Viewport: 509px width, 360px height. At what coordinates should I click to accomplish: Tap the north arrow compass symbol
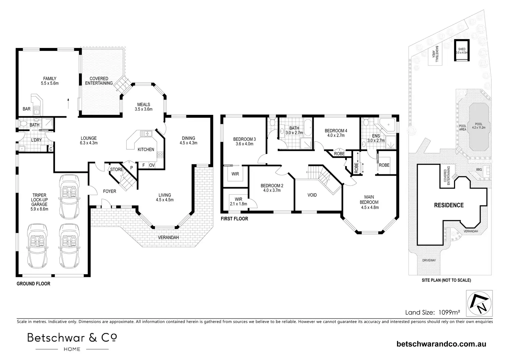click(479, 303)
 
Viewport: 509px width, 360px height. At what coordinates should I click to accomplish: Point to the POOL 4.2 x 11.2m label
click(479, 126)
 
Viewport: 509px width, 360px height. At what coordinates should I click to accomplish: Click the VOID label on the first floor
click(312, 195)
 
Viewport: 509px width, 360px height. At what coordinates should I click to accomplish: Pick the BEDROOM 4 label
click(336, 133)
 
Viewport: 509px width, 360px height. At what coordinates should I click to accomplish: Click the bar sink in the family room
click(36, 110)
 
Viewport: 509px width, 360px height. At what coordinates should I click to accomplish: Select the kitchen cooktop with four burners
click(160, 155)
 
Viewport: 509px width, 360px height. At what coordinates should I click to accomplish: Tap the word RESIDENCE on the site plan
click(449, 205)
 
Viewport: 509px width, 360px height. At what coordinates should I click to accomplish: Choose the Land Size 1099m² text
click(433, 312)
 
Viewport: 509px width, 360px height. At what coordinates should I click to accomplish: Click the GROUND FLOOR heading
click(34, 284)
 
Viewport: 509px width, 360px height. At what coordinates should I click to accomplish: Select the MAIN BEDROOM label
click(370, 202)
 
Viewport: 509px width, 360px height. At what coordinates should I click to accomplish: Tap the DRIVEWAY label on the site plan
click(429, 260)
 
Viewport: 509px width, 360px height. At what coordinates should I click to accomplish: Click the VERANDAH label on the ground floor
click(168, 237)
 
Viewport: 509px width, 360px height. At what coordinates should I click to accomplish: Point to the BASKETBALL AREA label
click(435, 54)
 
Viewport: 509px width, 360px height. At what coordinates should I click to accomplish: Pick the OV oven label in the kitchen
click(152, 165)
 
